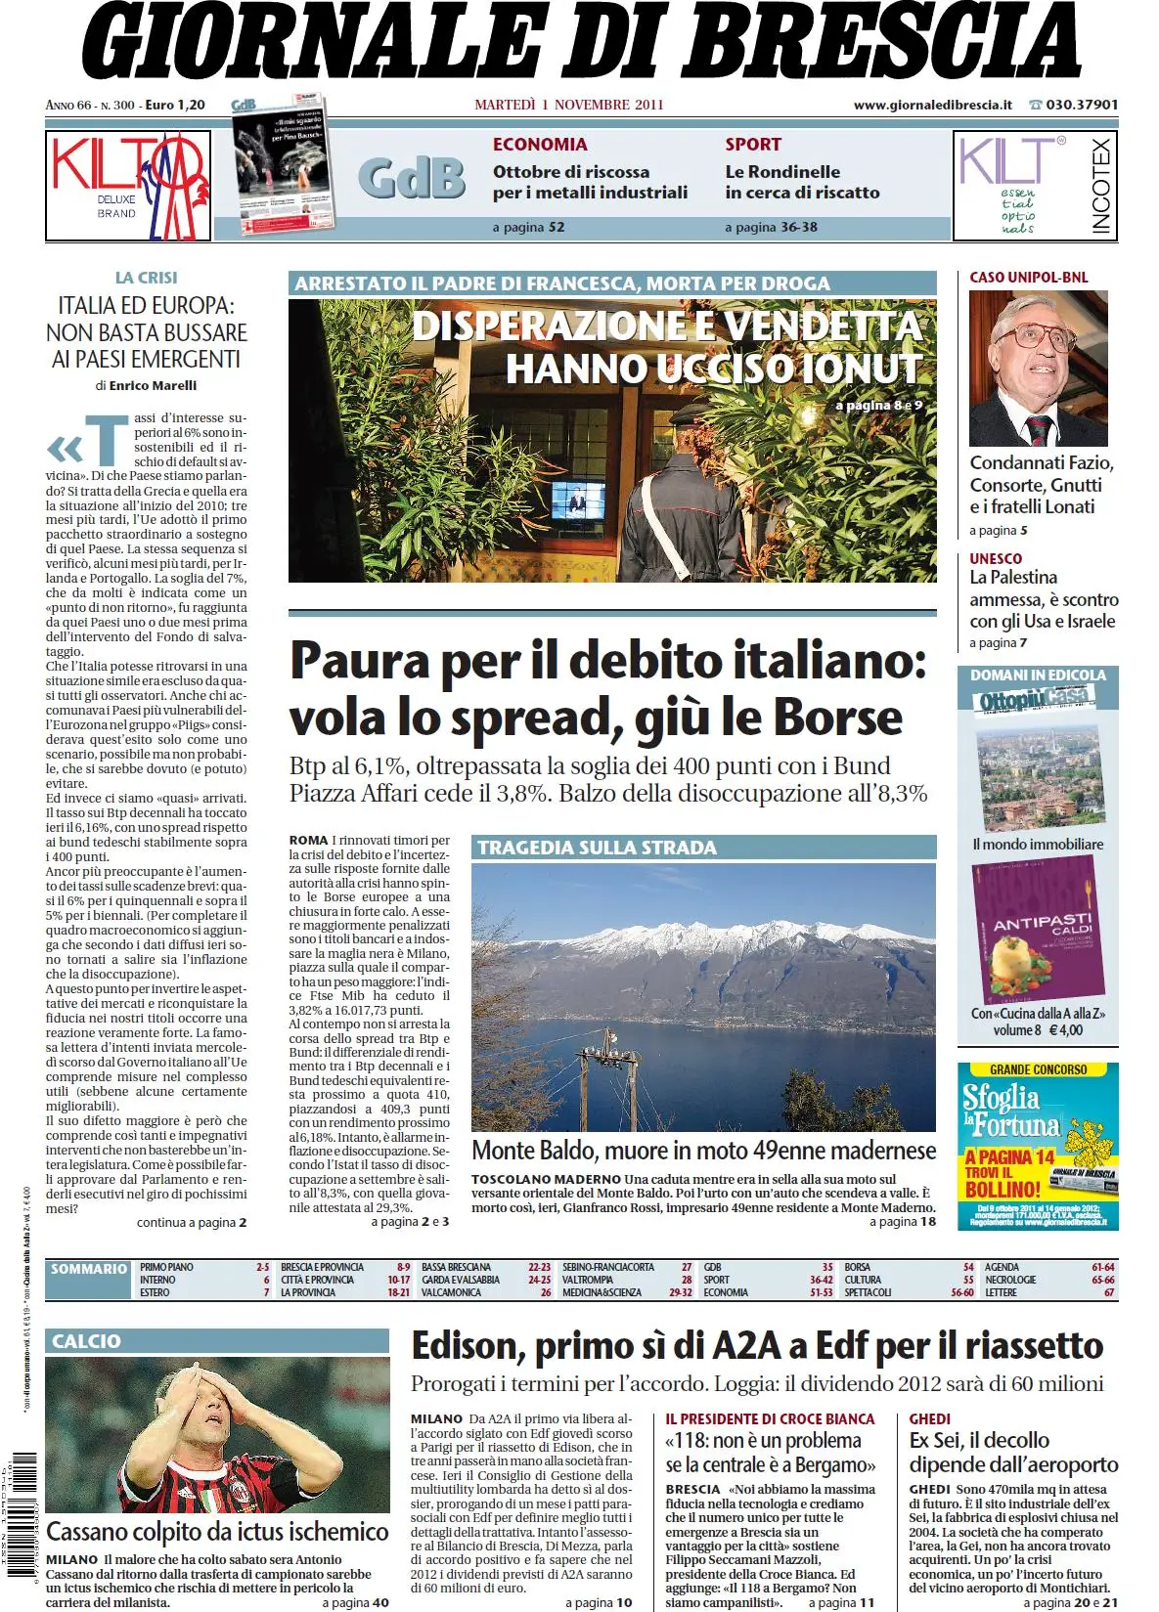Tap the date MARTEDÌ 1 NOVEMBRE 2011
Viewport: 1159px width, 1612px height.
click(x=568, y=105)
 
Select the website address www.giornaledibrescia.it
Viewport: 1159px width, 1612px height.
click(x=932, y=105)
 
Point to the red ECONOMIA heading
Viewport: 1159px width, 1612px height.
click(x=540, y=145)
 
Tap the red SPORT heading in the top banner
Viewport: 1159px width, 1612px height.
click(x=753, y=145)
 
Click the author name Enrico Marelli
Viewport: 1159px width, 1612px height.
click(x=153, y=385)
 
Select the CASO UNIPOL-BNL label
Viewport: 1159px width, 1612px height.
click(x=1028, y=278)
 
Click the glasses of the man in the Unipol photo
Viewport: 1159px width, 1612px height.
click(x=1037, y=335)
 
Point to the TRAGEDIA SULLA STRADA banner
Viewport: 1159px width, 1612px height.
click(x=597, y=848)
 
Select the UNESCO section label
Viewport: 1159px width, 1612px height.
click(x=996, y=558)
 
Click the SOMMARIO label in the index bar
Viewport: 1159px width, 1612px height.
click(x=89, y=1269)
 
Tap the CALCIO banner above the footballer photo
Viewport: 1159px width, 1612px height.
click(x=87, y=1341)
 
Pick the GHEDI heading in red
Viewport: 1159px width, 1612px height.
click(x=929, y=1418)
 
